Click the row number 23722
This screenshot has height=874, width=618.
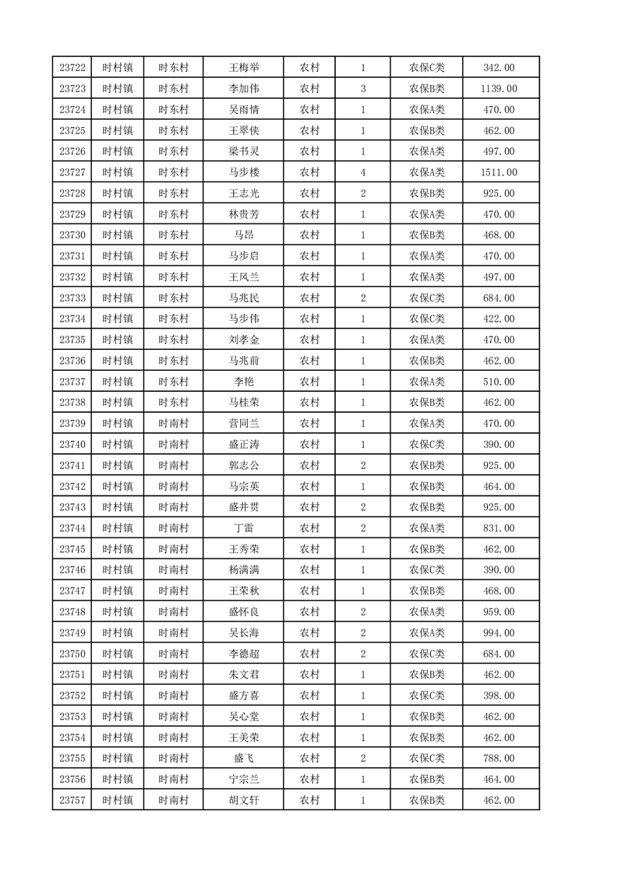click(x=72, y=68)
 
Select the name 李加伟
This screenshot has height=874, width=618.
click(x=243, y=89)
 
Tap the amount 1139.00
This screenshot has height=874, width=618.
click(x=499, y=89)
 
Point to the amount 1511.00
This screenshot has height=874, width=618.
click(x=499, y=172)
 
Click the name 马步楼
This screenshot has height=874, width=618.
click(x=243, y=172)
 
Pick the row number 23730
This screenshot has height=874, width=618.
click(x=72, y=235)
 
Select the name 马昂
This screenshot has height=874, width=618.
click(x=243, y=235)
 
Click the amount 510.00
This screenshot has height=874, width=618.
click(x=499, y=382)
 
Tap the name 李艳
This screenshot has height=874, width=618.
click(x=243, y=382)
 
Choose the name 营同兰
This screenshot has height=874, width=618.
click(x=243, y=424)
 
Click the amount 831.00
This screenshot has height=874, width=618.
click(x=499, y=528)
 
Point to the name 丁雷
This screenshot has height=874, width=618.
click(x=243, y=528)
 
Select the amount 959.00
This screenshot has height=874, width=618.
click(x=499, y=611)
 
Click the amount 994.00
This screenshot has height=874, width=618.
click(x=499, y=633)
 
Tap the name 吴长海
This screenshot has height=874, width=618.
click(x=243, y=633)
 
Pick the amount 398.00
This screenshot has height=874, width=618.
click(x=499, y=696)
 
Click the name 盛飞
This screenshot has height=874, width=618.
click(x=243, y=758)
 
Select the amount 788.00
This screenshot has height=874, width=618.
click(x=499, y=758)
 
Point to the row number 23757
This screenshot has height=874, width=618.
click(x=72, y=800)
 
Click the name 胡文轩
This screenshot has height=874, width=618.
click(x=243, y=800)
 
